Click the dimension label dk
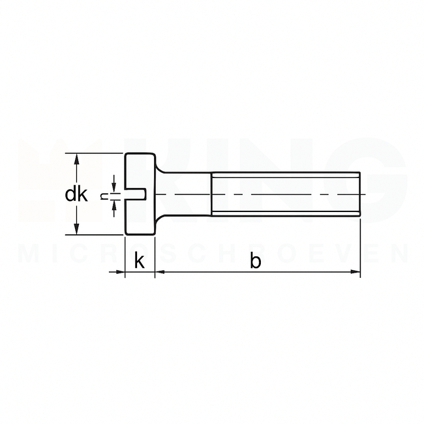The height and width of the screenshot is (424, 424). (77, 194)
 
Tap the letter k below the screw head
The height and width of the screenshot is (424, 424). (139, 261)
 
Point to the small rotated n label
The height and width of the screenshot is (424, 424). (104, 194)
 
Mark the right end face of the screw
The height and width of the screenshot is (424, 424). (360, 194)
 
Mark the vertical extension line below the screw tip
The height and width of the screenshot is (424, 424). (360, 248)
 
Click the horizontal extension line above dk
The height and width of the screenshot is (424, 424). (98, 154)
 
